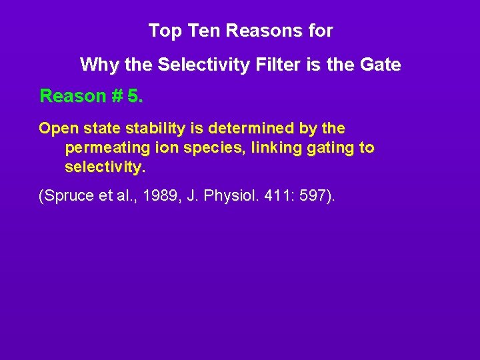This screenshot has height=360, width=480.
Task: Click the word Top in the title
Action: [x=161, y=31]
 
